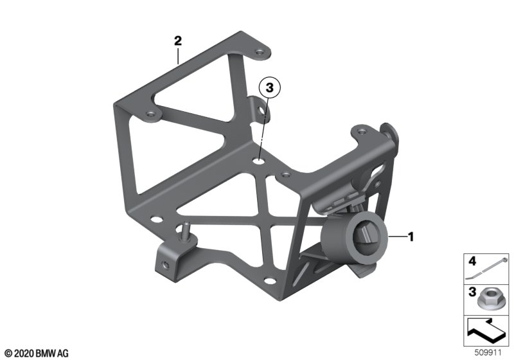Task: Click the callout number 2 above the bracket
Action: coord(178,41)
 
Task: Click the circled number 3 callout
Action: coord(269,88)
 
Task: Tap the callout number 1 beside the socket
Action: coord(411,237)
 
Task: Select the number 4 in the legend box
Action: coord(472,261)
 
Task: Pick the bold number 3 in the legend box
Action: coord(472,292)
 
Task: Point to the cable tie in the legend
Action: coord(487,268)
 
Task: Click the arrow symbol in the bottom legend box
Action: coord(486,330)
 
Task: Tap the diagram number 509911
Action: coord(488,353)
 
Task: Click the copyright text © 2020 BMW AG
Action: coord(37,354)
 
